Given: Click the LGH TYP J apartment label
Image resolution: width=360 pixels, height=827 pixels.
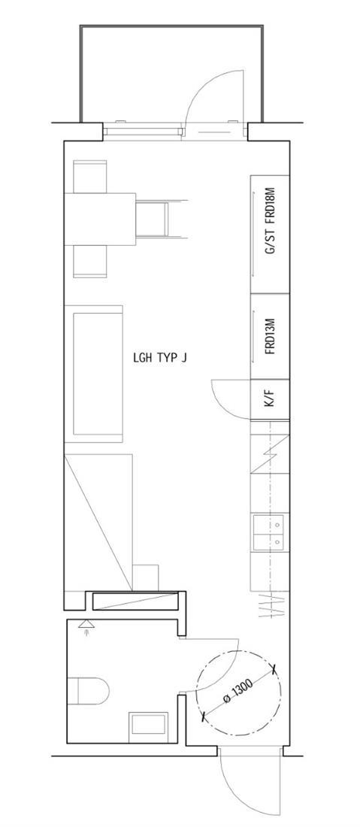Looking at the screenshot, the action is tap(160, 358).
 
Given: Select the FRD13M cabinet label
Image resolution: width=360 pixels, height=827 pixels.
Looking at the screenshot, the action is tap(271, 337).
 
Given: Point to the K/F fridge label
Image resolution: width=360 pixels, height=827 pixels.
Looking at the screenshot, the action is tap(270, 399).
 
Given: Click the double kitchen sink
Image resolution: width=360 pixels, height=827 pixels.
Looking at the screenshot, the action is tap(269, 533).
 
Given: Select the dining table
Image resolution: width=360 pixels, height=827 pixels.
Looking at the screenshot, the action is tap(100, 219).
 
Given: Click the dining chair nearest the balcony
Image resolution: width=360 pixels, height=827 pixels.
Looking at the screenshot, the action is tap(90, 177).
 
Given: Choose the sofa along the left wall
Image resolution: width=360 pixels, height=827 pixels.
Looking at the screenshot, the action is tap(94, 374).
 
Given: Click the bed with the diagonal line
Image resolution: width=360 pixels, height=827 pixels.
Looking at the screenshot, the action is tap(98, 522).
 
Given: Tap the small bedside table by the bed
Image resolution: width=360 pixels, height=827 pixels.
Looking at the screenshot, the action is tap(146, 577).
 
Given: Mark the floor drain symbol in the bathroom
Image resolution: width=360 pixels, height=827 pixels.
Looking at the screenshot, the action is tap(86, 626).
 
